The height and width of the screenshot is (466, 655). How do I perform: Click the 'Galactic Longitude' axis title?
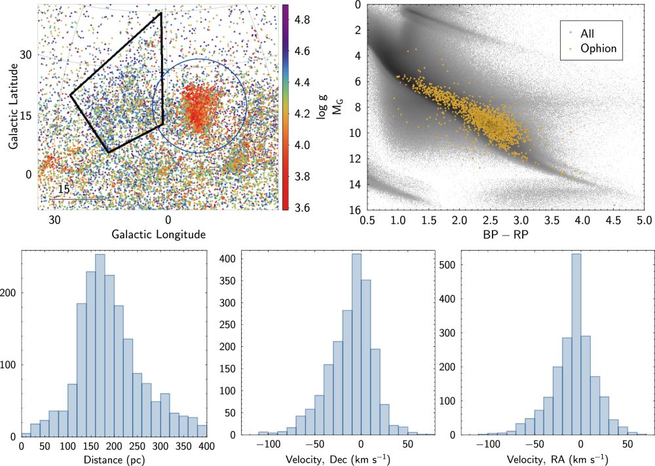click(x=159, y=234)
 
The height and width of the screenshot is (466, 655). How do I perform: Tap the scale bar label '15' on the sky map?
click(x=64, y=189)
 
